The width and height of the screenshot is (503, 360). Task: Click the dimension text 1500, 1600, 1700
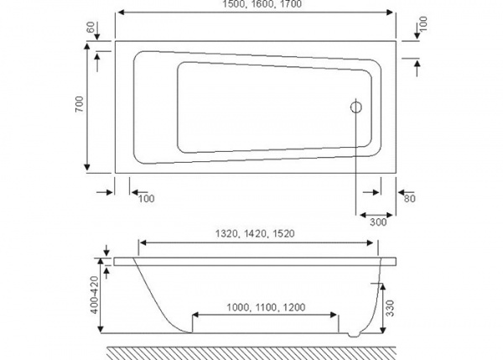coord(256,6)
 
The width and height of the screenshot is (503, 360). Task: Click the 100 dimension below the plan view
coord(146,199)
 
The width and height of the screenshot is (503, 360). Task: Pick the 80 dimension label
coord(411,199)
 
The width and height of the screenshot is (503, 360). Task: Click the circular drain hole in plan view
coord(356,107)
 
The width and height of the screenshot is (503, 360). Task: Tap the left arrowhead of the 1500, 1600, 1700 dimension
coord(121,14)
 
